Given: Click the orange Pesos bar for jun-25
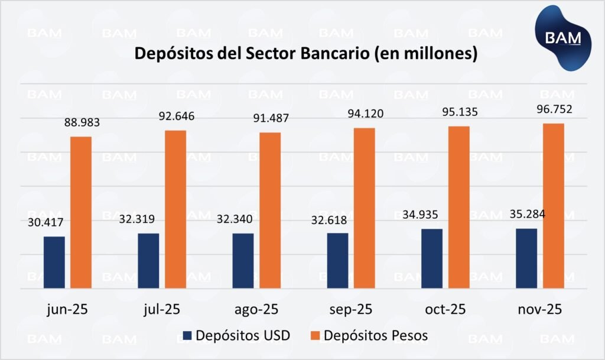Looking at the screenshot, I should click(82, 213).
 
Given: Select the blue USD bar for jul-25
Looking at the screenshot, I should click(148, 261).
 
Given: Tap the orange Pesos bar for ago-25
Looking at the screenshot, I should click(270, 210).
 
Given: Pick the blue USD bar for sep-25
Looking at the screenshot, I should click(337, 261).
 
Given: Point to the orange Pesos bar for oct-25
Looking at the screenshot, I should click(459, 207).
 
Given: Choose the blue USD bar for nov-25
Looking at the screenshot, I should click(526, 258).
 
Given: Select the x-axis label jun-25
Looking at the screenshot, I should click(67, 309).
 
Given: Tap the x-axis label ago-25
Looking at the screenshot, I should click(256, 309).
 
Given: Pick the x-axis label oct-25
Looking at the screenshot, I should click(445, 309).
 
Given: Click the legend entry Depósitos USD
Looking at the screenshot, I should click(236, 336).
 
